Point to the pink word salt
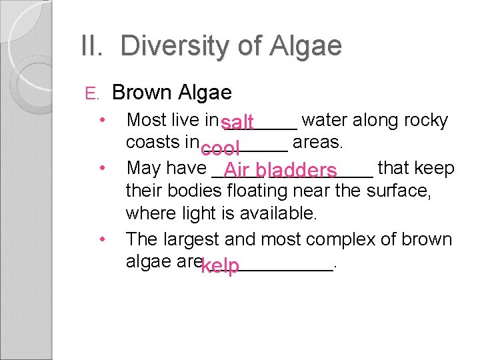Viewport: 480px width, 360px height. (x=237, y=123)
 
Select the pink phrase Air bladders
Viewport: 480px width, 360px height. (x=280, y=171)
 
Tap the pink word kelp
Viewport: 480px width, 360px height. (x=220, y=267)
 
